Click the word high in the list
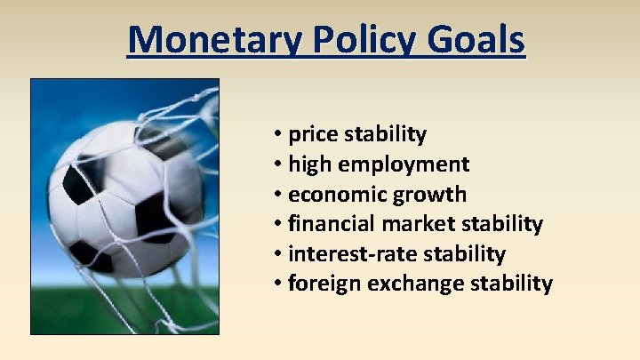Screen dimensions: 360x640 point(309,164)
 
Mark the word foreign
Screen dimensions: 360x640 point(322,284)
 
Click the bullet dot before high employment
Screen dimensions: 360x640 point(279,164)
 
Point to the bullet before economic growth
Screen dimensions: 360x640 point(279,195)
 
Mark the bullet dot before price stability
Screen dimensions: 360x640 point(279,135)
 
